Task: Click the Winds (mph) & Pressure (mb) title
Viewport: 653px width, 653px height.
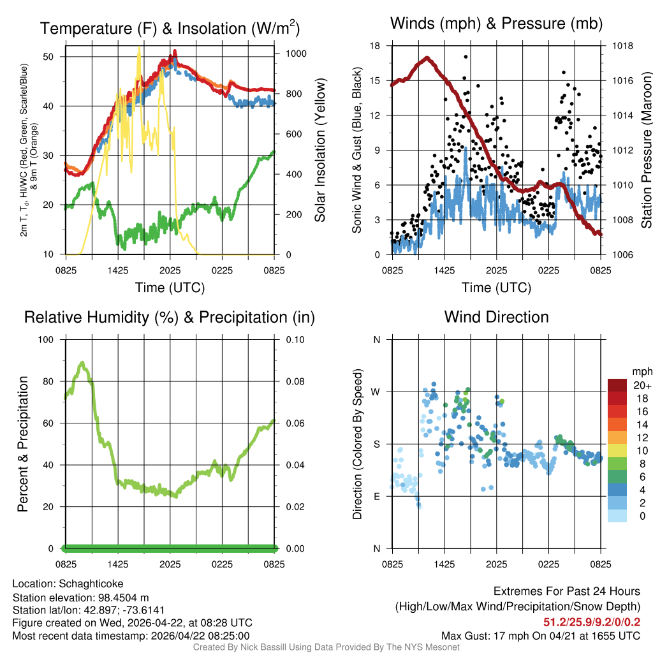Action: point(496,24)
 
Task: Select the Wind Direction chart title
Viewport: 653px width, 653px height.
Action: point(496,317)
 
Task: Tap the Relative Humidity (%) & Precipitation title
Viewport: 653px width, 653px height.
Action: point(170,317)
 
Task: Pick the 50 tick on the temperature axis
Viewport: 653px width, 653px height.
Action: point(55,56)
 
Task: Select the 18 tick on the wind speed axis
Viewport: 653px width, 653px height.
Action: point(376,46)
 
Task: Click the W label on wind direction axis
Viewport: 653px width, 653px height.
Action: point(376,392)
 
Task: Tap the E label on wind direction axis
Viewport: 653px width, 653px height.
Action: point(377,496)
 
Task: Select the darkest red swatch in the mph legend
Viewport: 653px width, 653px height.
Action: point(617,385)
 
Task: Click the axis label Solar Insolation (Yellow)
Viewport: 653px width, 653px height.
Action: point(320,150)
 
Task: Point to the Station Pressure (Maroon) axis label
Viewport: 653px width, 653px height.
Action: point(646,150)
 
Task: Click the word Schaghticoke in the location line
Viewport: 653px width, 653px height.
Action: point(91,583)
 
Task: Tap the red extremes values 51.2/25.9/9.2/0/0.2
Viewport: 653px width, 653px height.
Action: point(592,621)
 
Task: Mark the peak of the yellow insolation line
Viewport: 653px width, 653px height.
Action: point(139,48)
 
